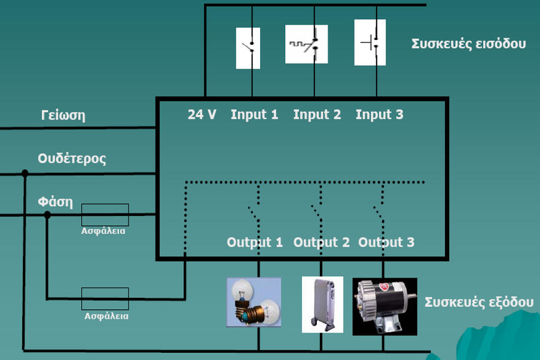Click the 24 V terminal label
pos(202,115)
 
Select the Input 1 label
pos(254,115)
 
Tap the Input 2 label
pos(317,115)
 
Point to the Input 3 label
pos(379,115)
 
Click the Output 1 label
pos(255,243)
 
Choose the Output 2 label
pos(321,243)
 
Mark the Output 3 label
pos(386,243)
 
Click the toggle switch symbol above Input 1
pos(248,48)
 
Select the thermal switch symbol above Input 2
pos(306,44)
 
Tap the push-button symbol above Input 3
pos(370,42)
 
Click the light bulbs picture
pos(254,302)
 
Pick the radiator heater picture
pos(322,304)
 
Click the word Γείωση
pos(63,115)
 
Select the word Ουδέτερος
pos(72,159)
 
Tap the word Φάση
pos(55,202)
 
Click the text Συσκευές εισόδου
pos(468,44)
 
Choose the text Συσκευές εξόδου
pos(478,302)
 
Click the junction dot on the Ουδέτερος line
pos(25,173)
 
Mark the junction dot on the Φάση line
pos(47,214)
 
